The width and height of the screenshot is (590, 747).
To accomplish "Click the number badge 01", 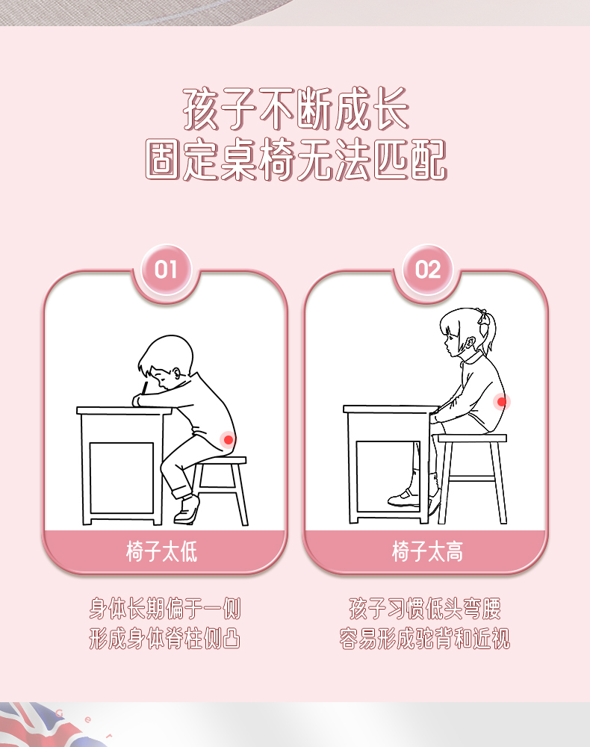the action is (166, 270).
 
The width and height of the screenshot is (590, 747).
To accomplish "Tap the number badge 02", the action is (428, 270).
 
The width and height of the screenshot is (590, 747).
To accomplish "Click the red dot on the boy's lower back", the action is (229, 440).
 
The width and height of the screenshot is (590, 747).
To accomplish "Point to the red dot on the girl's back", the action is (501, 402).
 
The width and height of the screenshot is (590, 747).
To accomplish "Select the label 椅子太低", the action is (162, 552).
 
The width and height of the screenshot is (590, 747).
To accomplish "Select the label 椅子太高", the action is (427, 552).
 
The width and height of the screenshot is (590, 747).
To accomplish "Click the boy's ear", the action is (177, 373).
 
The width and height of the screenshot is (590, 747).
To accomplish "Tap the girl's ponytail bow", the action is (484, 317).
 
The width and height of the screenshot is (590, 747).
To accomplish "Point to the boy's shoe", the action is (186, 509).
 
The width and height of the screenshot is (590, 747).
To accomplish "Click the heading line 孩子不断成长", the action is (296, 108).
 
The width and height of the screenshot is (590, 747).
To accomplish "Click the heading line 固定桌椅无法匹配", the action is (296, 160).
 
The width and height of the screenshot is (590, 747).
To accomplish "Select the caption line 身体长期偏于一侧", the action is (165, 608).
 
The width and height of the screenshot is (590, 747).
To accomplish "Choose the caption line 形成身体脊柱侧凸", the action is (165, 639).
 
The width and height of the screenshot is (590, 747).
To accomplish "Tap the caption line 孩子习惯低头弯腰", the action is (425, 608).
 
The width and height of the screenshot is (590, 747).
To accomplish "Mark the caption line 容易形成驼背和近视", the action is (425, 639).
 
